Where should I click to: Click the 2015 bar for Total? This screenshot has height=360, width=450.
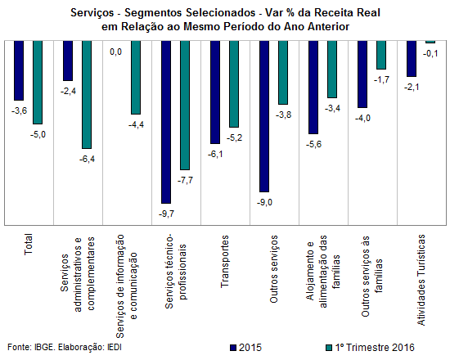[19, 70]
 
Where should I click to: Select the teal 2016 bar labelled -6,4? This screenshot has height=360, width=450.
[87, 94]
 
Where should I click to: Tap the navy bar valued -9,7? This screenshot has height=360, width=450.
[166, 122]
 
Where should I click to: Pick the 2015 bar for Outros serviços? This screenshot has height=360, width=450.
[264, 116]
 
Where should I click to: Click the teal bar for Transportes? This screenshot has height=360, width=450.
[234, 83]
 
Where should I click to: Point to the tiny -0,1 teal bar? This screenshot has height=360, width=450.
[430, 42]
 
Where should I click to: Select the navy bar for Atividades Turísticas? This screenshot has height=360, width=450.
[412, 59]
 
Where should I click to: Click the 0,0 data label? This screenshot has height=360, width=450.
[115, 52]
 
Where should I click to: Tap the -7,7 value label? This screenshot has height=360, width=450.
[186, 180]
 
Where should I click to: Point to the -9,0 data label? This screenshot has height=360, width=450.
[264, 202]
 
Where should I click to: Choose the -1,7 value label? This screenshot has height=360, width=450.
[382, 79]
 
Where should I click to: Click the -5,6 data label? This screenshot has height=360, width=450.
[313, 144]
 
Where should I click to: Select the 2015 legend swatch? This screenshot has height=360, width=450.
[232, 348]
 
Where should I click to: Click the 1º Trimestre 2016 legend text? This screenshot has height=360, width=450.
[375, 348]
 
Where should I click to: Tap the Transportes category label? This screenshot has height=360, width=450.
[225, 261]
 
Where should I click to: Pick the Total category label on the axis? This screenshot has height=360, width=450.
[28, 245]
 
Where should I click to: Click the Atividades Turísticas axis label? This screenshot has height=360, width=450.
[421, 280]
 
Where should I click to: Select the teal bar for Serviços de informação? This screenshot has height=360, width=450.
[136, 78]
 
